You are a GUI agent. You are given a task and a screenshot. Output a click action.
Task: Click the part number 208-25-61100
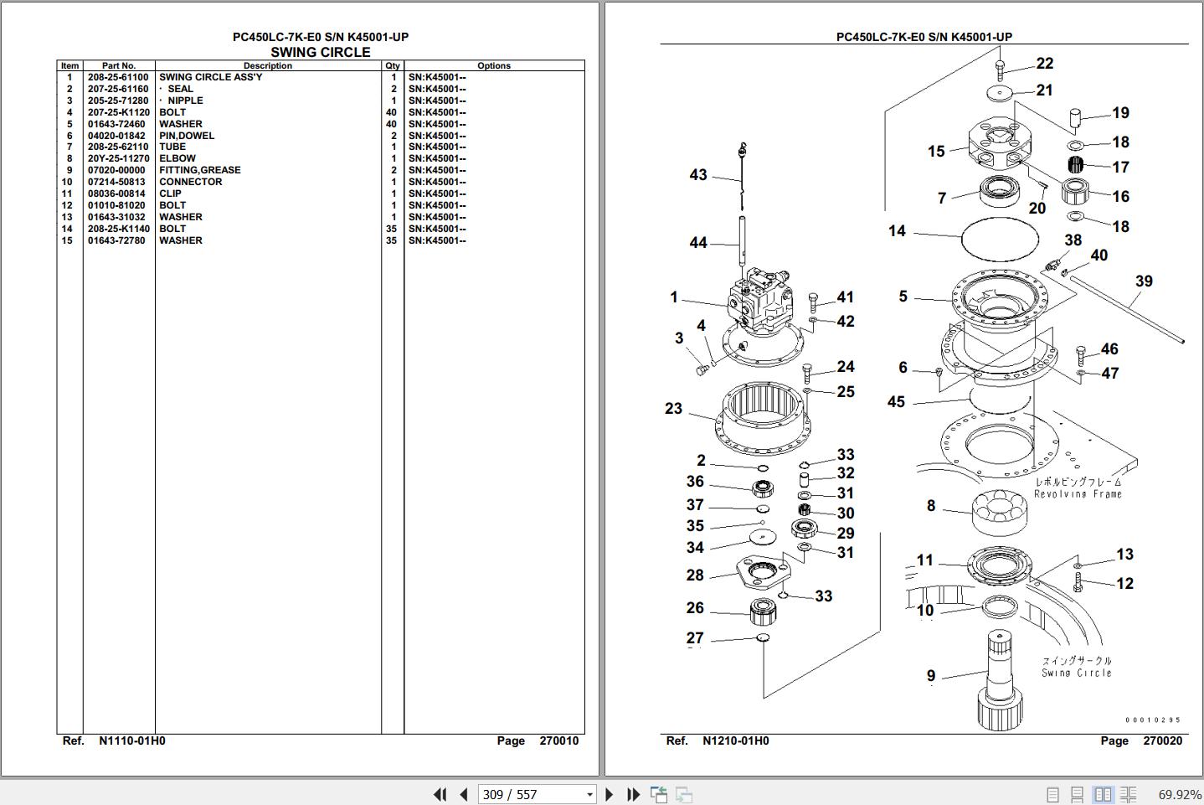pyautogui.click(x=118, y=77)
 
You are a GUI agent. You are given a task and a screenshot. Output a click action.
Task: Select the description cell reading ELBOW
pyautogui.click(x=178, y=158)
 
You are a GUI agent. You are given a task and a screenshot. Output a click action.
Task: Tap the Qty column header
pyautogui.click(x=393, y=65)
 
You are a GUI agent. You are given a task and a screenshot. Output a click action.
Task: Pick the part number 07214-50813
pyautogui.click(x=116, y=182)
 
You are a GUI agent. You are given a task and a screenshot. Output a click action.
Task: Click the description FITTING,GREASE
pyautogui.click(x=200, y=170)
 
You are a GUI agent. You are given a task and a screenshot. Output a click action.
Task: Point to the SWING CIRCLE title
pyautogui.click(x=320, y=52)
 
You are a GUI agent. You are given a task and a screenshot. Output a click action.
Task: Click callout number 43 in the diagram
pyautogui.click(x=698, y=175)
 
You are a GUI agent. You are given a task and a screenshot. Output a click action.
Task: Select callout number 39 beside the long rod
pyautogui.click(x=1144, y=281)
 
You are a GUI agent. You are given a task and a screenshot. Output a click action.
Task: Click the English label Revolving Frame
pyautogui.click(x=1078, y=494)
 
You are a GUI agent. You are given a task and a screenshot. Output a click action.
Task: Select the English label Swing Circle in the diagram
pyautogui.click(x=1077, y=673)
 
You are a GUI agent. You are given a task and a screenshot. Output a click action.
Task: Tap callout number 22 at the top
pyautogui.click(x=1044, y=64)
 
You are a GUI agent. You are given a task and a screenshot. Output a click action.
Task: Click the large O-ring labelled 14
pyautogui.click(x=1001, y=239)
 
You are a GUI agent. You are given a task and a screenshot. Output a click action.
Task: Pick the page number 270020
pyautogui.click(x=1162, y=740)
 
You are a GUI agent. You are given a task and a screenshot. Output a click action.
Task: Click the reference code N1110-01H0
pyautogui.click(x=132, y=740)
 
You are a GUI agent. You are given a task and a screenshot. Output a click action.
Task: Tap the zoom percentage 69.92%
pyautogui.click(x=1180, y=794)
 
